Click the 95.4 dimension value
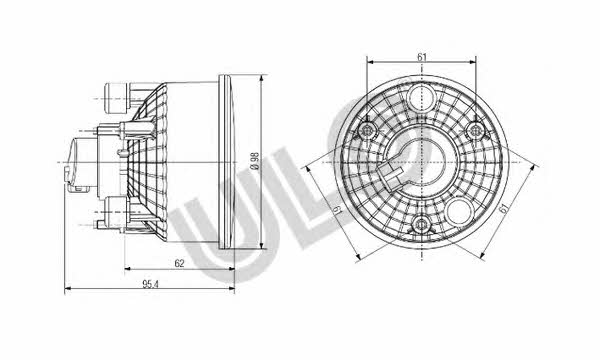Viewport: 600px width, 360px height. (x=150, y=284)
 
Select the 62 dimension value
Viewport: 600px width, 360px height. (x=179, y=263)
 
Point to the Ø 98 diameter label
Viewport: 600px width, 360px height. (x=255, y=161)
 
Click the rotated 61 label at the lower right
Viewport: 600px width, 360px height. (x=504, y=209)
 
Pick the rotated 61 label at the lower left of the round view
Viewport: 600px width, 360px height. (x=337, y=210)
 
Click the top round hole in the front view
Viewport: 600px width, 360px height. (x=421, y=98)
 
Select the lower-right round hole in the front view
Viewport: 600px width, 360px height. (x=461, y=211)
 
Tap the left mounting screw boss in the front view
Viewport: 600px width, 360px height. (x=367, y=131)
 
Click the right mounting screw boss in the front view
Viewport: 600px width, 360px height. (x=476, y=131)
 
